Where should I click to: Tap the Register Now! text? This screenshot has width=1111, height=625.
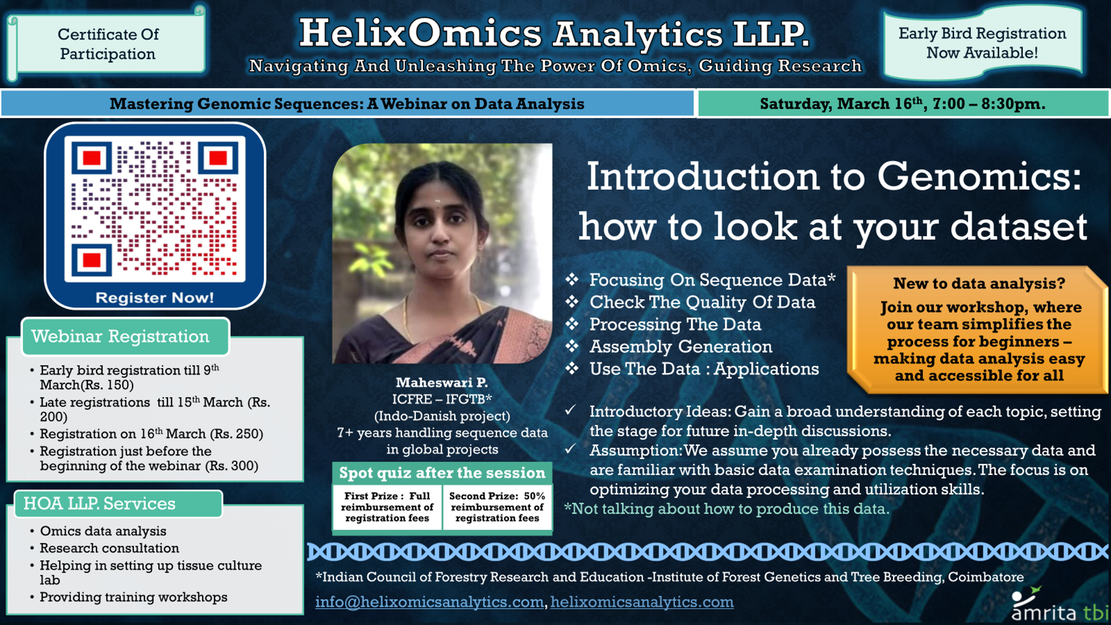pos(155,298)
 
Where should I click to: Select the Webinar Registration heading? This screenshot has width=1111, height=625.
pos(120,336)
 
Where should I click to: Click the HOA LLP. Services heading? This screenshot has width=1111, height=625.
pos(100,503)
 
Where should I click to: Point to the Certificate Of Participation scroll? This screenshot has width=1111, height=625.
pos(108,44)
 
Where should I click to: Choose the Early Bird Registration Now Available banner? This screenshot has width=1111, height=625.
pos(982,43)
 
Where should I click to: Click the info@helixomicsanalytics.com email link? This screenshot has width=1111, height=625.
pos(429,602)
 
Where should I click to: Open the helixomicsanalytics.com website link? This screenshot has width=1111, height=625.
pos(642,602)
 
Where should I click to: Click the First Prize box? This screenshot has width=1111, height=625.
pos(387,507)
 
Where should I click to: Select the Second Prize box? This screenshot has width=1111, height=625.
pos(497,507)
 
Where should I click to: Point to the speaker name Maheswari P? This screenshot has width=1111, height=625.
pos(442,382)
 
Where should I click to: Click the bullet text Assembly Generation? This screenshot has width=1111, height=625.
pos(680,347)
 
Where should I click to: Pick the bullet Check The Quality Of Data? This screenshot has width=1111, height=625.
pos(702,302)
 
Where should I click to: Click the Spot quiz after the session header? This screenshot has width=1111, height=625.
pos(442,473)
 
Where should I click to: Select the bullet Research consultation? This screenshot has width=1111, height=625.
pos(110,548)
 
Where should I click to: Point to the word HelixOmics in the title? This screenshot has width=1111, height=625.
pos(420,34)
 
